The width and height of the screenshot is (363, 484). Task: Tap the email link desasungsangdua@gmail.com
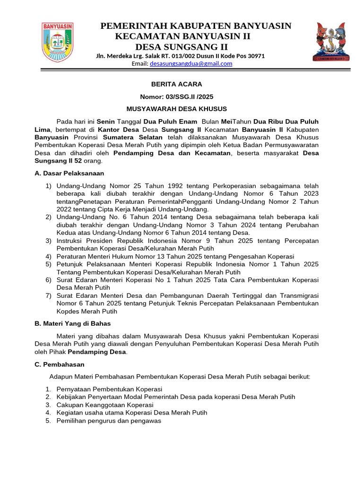(x=191, y=64)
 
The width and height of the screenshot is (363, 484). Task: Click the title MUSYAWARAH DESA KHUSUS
(x=177, y=109)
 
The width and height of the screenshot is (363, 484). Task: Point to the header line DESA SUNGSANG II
(x=181, y=46)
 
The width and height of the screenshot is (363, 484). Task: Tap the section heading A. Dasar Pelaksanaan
(x=69, y=173)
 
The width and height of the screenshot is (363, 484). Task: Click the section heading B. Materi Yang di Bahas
(x=73, y=323)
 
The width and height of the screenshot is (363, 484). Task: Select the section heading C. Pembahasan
(x=60, y=364)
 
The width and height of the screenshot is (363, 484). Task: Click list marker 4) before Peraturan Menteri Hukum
(x=49, y=256)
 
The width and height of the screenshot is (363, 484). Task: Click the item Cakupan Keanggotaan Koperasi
(x=104, y=405)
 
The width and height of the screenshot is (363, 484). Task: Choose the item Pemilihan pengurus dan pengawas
(x=109, y=421)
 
